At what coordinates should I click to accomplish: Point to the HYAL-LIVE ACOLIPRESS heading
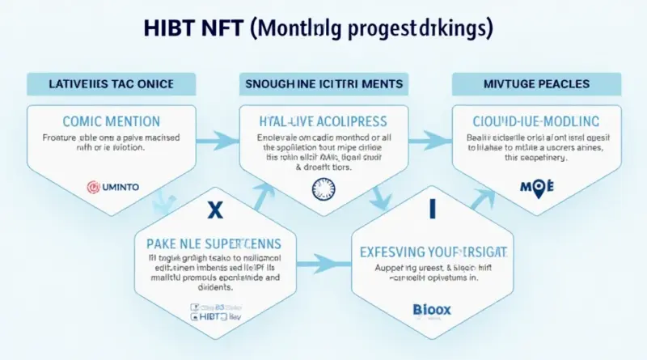tap(321, 121)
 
